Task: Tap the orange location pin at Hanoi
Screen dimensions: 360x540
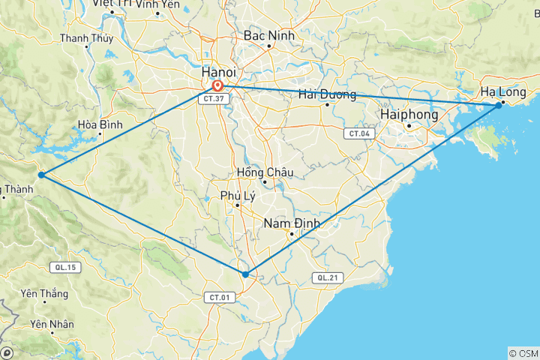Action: point(217,86)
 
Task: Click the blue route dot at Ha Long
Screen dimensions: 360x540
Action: point(498,106)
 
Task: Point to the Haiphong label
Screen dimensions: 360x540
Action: point(408,114)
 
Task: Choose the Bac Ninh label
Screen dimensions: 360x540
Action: point(268,36)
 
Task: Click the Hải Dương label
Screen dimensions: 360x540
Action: point(326,94)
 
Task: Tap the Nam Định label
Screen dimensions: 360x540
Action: point(292,223)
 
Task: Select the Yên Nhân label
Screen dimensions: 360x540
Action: point(52,325)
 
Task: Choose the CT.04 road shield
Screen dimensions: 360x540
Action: point(358,133)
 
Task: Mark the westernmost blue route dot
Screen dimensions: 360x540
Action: point(42,175)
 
